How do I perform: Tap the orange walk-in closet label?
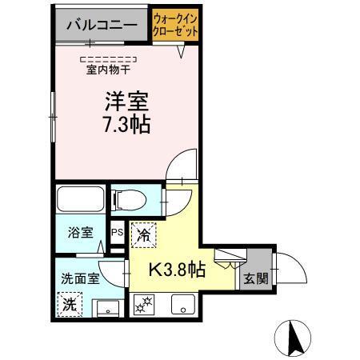pos(175,25)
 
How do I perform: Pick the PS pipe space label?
pos(117,234)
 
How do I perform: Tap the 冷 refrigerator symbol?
pos(143,234)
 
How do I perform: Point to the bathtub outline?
pos(80,199)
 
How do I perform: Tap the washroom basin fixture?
pos(106,306)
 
